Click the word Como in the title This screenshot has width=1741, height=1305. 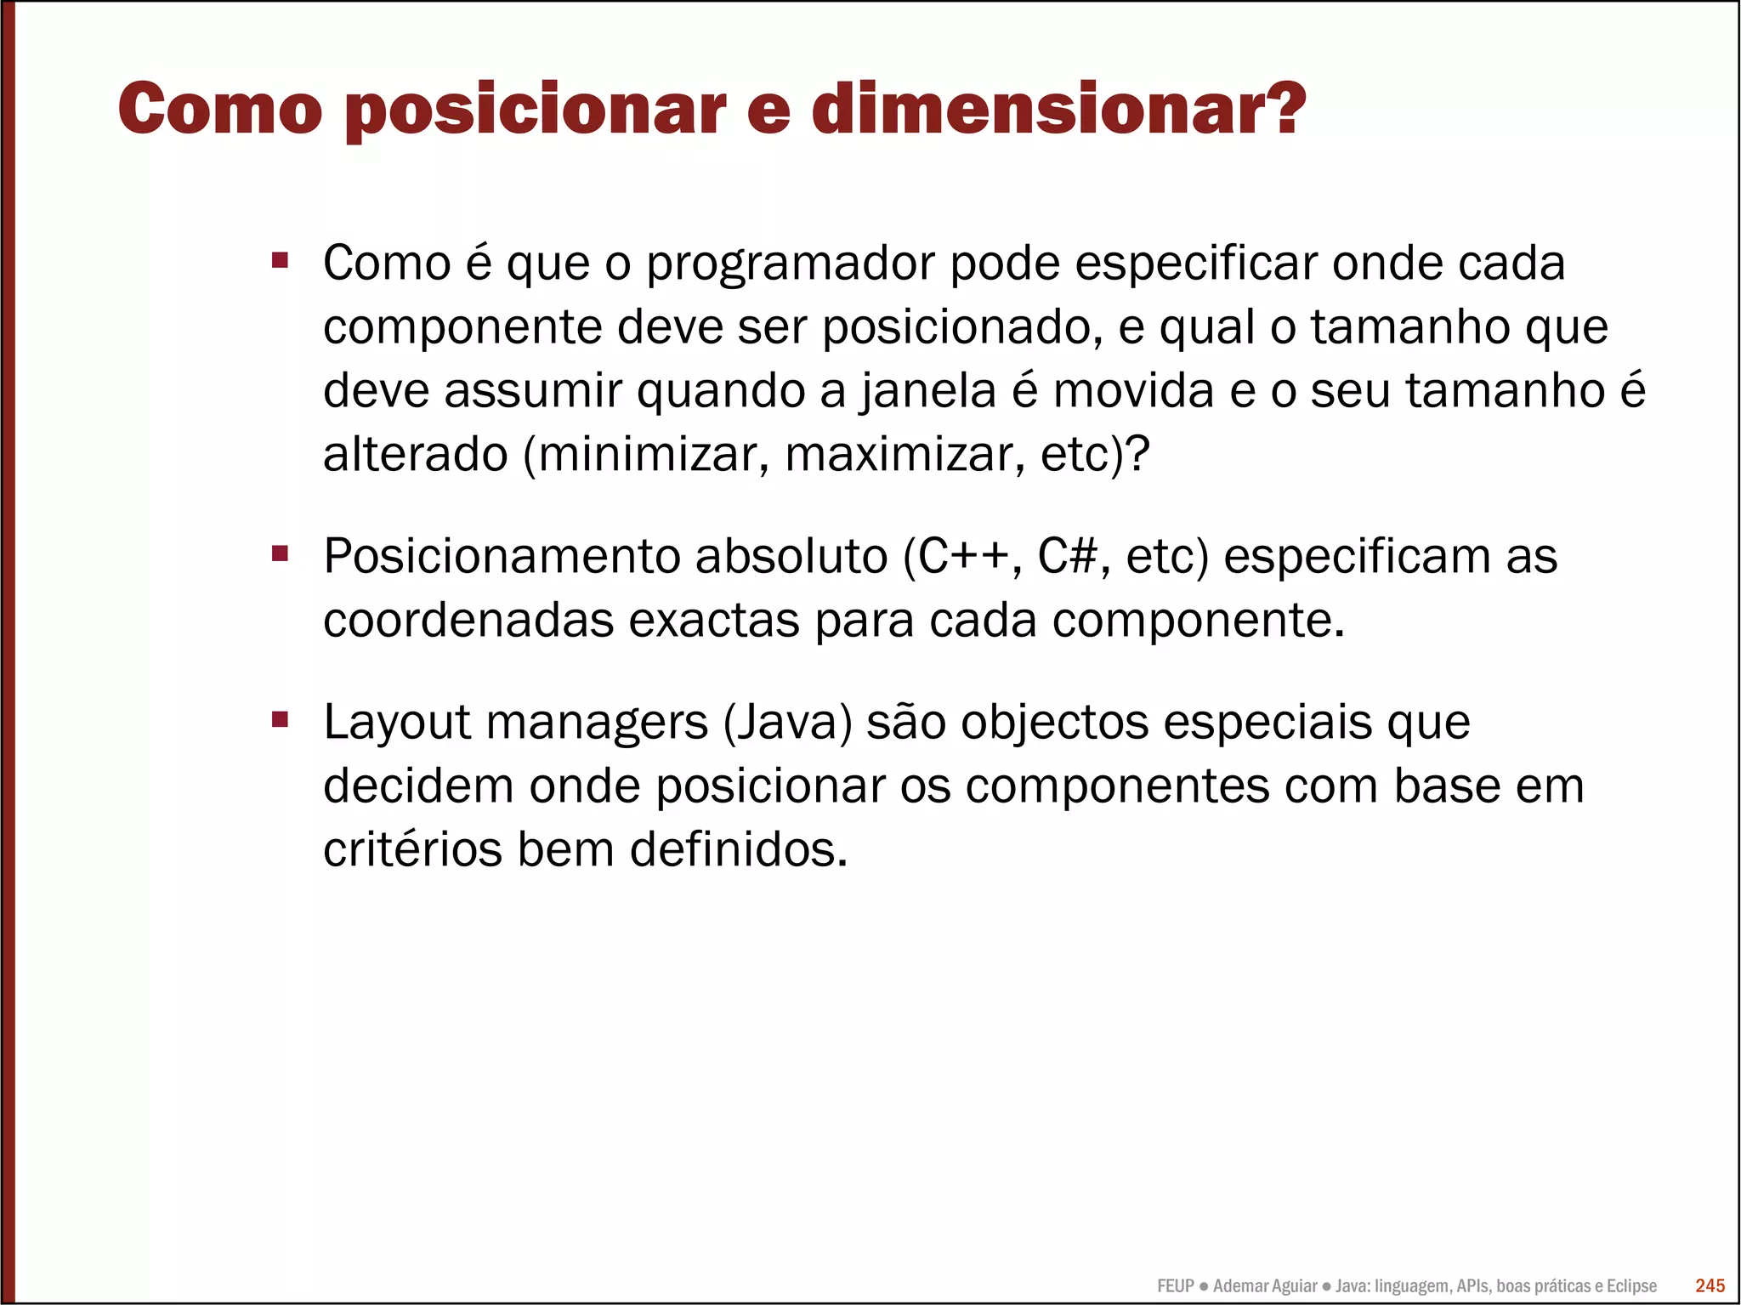tap(220, 109)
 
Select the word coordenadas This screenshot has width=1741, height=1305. tap(468, 621)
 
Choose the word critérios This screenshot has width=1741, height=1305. tap(412, 849)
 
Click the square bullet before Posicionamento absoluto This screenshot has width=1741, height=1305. tap(280, 554)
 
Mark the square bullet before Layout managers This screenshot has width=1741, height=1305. tap(280, 720)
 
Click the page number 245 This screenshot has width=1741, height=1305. tap(1710, 1285)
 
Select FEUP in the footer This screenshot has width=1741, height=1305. tap(1176, 1286)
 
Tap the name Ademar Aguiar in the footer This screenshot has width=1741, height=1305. tap(1265, 1286)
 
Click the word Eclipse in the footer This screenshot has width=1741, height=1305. tap(1631, 1286)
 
